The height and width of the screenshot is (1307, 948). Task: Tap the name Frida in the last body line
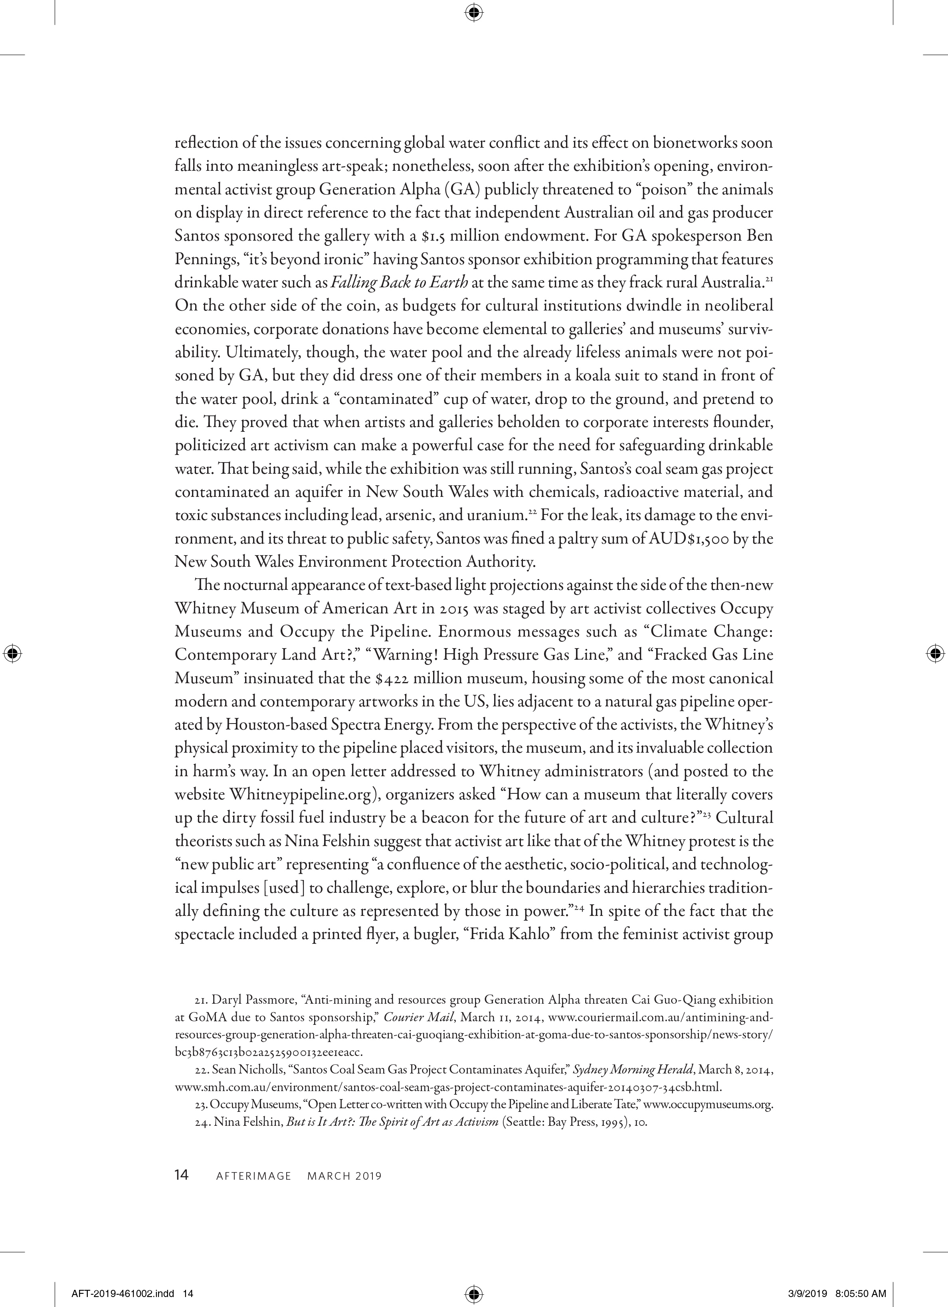pyautogui.click(x=482, y=934)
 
